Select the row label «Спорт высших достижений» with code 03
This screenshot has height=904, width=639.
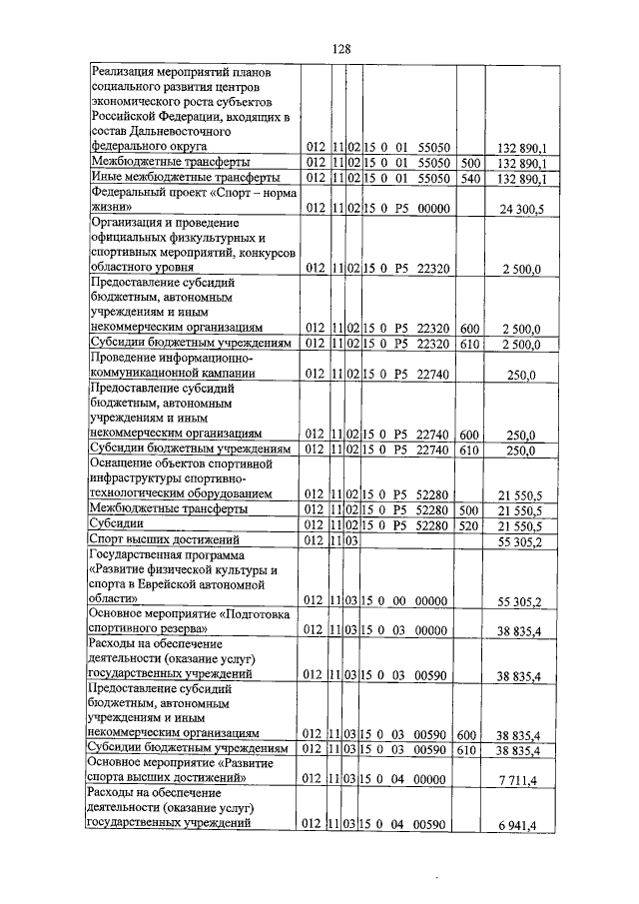(x=154, y=540)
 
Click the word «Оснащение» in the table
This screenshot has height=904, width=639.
(x=124, y=463)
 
